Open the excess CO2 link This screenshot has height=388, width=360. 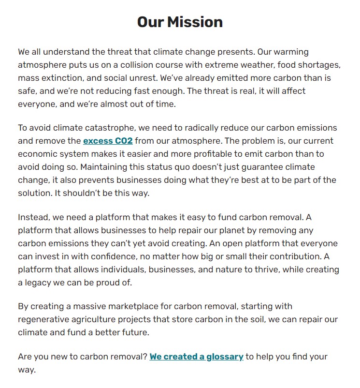pyautogui.click(x=108, y=141)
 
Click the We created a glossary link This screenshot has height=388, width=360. pyautogui.click(x=196, y=357)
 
